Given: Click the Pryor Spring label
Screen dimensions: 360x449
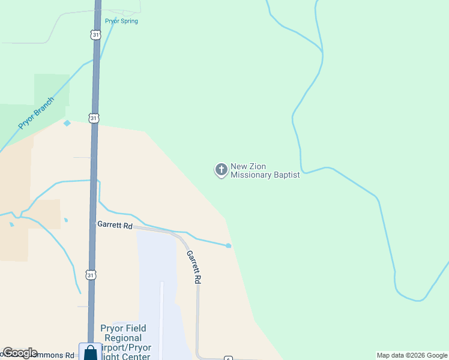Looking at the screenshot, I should tap(121, 21).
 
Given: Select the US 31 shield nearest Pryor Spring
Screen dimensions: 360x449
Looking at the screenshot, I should tap(96, 35).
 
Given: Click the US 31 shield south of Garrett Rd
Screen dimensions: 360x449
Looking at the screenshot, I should tap(90, 275).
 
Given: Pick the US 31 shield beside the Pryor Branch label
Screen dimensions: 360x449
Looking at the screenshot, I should tap(94, 118).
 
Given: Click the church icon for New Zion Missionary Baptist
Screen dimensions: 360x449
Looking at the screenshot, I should tap(221, 170).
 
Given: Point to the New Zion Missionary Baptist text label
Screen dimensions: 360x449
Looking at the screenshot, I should tap(265, 170).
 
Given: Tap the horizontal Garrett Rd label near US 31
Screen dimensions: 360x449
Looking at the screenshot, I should tap(115, 226).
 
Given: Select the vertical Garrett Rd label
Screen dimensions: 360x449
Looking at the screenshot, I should tap(193, 267).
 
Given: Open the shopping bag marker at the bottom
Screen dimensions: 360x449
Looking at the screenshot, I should tap(90, 352).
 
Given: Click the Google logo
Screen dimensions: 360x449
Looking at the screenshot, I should tap(20, 353).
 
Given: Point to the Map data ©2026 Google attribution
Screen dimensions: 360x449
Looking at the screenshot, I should tap(412, 355).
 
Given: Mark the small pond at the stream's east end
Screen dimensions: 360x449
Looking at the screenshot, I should tap(229, 245).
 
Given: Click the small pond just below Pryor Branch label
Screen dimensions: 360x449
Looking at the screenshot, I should tap(67, 123).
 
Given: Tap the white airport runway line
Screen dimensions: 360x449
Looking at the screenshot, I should tap(161, 318).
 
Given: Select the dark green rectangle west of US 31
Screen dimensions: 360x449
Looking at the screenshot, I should tap(52, 89).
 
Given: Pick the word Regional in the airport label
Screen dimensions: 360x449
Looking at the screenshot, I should tap(124, 338).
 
